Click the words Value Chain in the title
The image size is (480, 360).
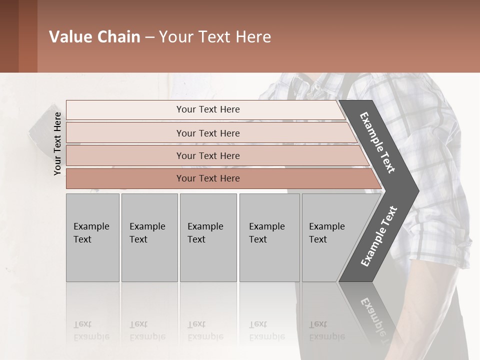tap(94, 37)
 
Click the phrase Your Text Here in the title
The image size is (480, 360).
tap(215, 37)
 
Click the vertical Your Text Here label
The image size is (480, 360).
tap(57, 143)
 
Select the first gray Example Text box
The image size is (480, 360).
tap(92, 237)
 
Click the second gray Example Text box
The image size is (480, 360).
tap(149, 237)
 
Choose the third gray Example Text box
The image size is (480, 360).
tap(207, 237)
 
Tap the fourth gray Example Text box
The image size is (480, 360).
tap(269, 237)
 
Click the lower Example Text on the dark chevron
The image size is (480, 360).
tap(379, 236)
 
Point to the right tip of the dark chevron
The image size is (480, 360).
tap(417, 190)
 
